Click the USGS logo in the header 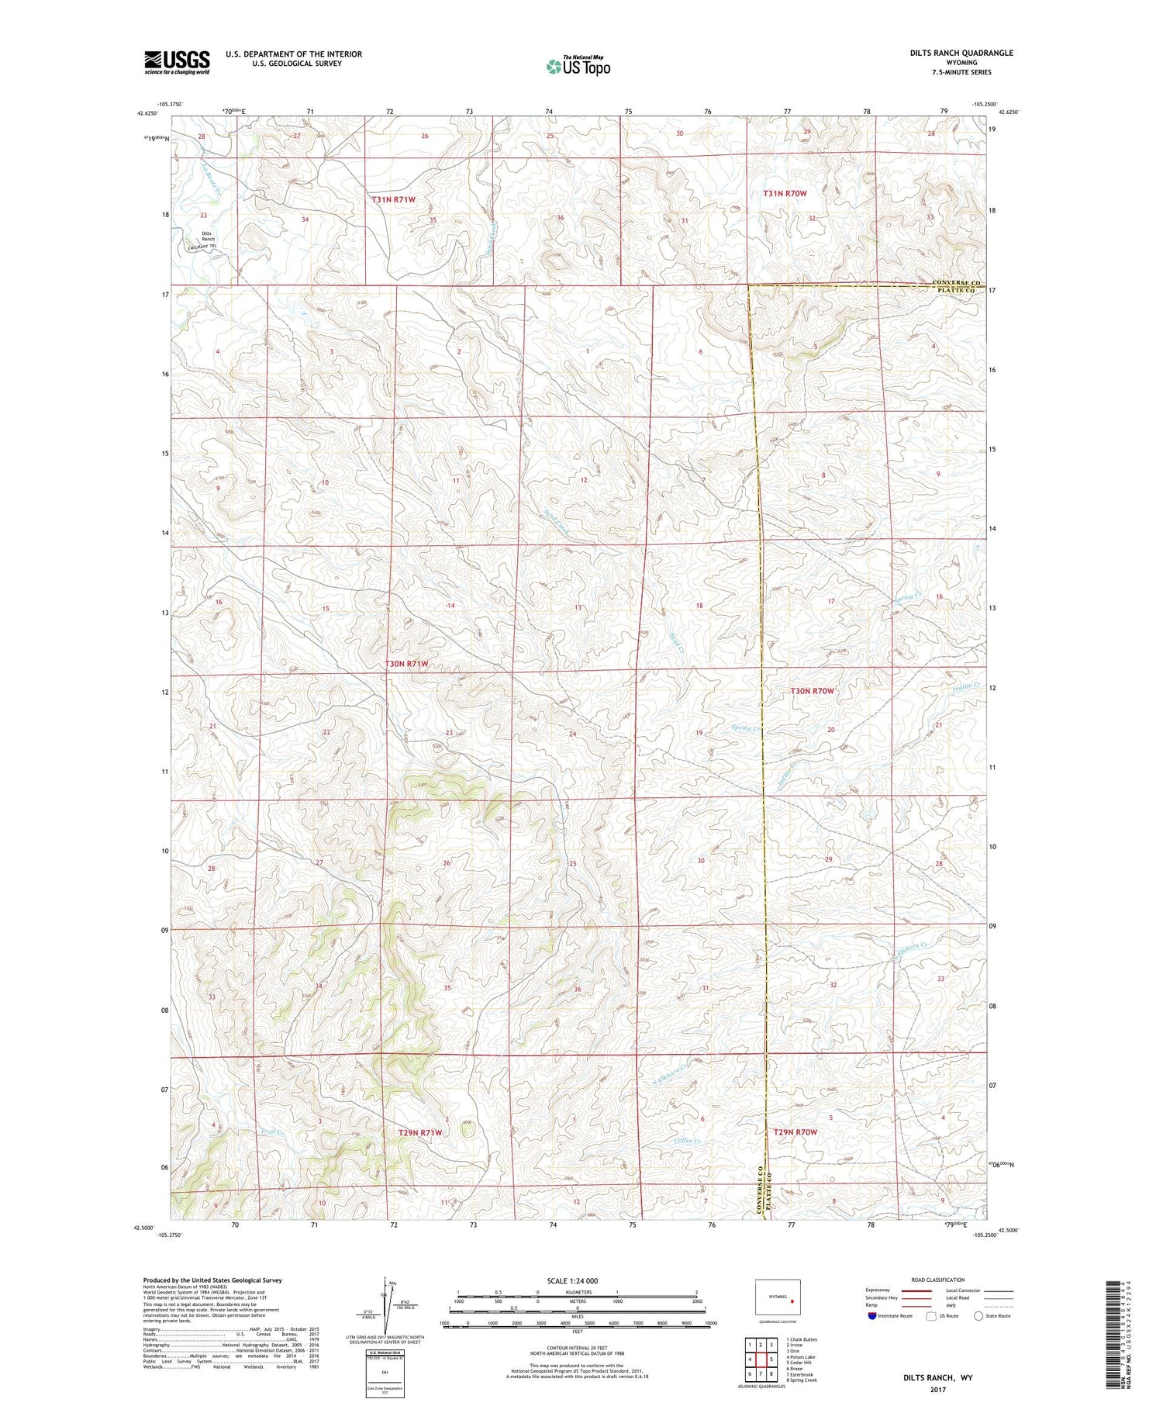pyautogui.click(x=177, y=62)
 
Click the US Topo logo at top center pyautogui.click(x=578, y=67)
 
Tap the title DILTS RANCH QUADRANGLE pyautogui.click(x=951, y=53)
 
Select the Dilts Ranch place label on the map pyautogui.click(x=207, y=237)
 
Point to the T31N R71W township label pyautogui.click(x=394, y=199)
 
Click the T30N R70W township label pyautogui.click(x=812, y=690)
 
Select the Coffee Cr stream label pyautogui.click(x=688, y=1140)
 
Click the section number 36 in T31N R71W pyautogui.click(x=560, y=218)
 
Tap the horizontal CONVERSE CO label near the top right pyautogui.click(x=955, y=282)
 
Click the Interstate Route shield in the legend pyautogui.click(x=872, y=1316)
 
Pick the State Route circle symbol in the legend pyautogui.click(x=978, y=1316)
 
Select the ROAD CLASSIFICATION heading pyautogui.click(x=938, y=1280)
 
